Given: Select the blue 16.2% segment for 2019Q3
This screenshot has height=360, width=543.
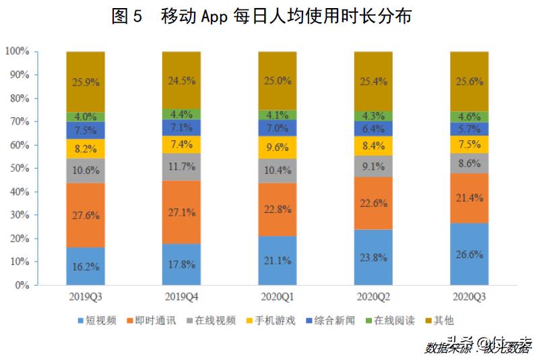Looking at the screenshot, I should [x=86, y=266].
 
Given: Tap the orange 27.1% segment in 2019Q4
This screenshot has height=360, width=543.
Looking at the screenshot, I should [x=181, y=212].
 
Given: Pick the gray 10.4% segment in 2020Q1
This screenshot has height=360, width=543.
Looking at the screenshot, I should [x=278, y=171].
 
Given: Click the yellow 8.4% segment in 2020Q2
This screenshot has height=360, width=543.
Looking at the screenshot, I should [x=373, y=144].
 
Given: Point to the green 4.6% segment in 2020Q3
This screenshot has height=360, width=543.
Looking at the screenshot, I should [x=469, y=117].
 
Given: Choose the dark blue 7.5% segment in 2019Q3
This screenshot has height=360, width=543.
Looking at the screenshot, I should [x=86, y=131].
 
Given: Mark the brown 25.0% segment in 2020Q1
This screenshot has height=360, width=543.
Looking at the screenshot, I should [x=278, y=81].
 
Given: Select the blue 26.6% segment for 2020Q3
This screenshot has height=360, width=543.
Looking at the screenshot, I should [x=469, y=254].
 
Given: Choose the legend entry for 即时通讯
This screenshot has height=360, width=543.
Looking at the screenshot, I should [x=157, y=321].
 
